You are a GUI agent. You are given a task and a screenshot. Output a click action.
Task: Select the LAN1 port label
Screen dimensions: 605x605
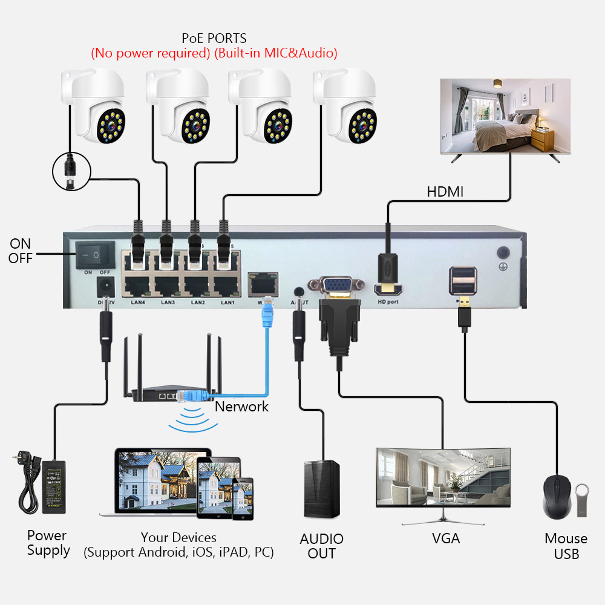click(x=227, y=302)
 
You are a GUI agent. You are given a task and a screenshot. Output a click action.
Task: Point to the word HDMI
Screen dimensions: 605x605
click(x=445, y=192)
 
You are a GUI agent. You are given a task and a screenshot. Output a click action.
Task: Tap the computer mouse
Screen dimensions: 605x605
click(x=557, y=497)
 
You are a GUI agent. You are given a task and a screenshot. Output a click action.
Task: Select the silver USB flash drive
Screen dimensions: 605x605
click(x=582, y=500)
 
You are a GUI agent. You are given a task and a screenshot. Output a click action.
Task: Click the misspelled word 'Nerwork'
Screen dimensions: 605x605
click(x=242, y=406)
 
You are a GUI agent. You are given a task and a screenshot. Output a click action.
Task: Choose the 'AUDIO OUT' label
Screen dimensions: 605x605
click(x=321, y=546)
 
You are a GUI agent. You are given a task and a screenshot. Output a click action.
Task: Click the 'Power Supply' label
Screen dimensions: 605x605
click(x=48, y=543)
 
